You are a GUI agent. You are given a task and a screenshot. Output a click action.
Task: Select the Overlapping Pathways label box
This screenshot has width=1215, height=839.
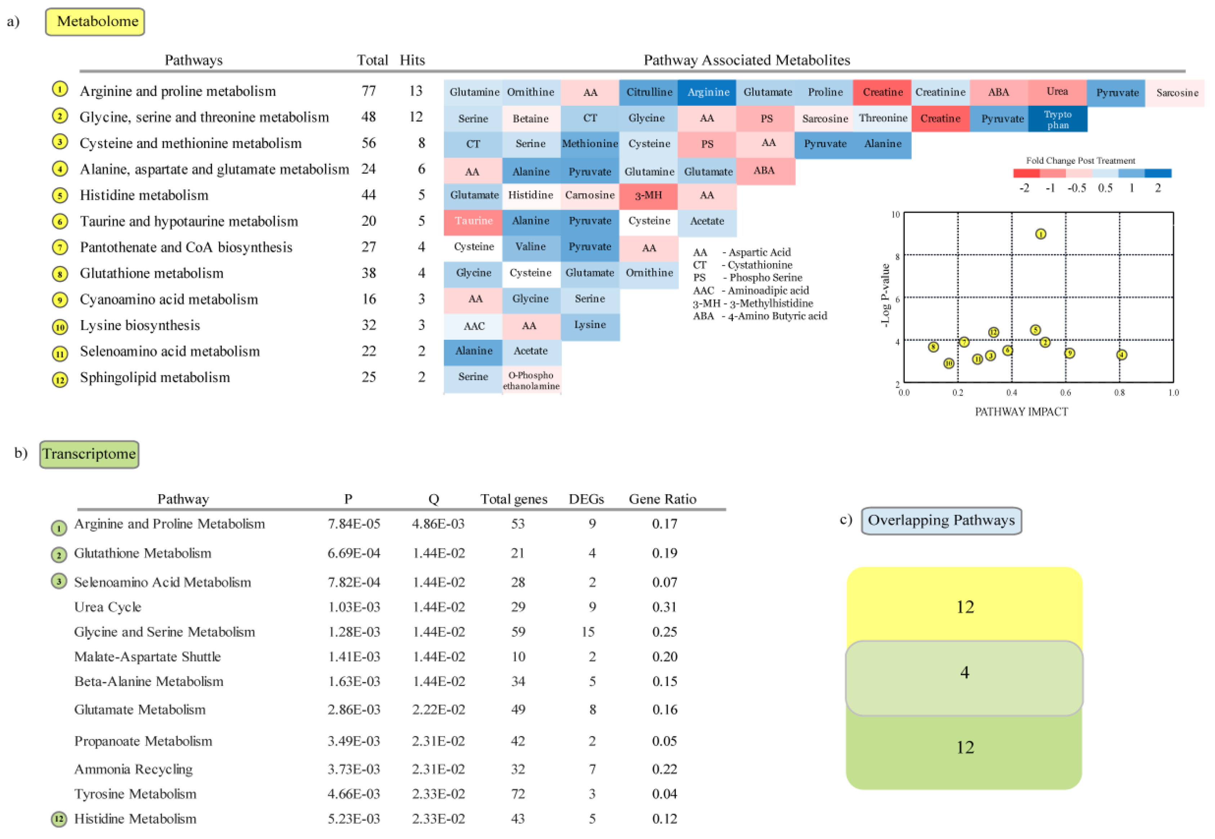coord(941,520)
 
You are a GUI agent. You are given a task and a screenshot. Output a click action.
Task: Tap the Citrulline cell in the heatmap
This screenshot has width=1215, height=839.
coord(649,92)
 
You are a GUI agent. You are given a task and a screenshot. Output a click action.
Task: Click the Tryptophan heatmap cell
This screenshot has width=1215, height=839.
coord(1057,119)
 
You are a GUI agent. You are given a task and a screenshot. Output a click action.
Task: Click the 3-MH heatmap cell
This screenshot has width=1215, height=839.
coord(648,195)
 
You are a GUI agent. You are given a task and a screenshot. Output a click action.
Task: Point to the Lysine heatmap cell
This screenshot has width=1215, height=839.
coord(589,325)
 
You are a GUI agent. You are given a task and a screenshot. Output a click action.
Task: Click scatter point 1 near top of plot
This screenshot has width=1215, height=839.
coord(1040,234)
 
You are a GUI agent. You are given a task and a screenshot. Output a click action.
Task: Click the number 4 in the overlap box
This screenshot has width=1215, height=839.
coord(964,672)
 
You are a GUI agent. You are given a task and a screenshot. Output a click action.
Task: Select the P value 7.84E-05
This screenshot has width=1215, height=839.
coord(354,524)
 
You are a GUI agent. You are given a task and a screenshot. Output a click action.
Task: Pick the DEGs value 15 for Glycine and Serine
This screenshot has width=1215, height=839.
coord(587,632)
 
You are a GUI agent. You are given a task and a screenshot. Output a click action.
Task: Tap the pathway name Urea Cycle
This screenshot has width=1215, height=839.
coord(108,607)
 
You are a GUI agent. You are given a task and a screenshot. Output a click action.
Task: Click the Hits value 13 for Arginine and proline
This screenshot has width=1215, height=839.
coord(416,91)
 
